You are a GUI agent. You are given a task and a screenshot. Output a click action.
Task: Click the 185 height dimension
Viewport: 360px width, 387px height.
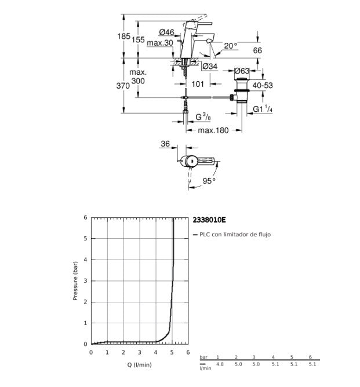click(x=123, y=36)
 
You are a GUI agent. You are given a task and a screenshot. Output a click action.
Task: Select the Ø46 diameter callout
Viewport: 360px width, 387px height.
click(x=167, y=32)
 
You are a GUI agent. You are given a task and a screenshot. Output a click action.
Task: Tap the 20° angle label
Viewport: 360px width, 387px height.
click(x=231, y=46)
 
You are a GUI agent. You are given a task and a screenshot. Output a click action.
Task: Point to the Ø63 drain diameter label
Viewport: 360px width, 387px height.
click(x=242, y=71)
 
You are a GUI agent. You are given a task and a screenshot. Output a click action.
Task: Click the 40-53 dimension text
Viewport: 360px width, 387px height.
click(x=263, y=85)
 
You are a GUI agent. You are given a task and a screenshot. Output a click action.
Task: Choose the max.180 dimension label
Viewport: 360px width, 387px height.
click(x=213, y=130)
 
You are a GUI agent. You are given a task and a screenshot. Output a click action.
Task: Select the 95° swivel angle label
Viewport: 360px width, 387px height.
click(x=209, y=181)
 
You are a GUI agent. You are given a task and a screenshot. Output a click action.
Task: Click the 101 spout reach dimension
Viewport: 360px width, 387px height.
click(x=198, y=84)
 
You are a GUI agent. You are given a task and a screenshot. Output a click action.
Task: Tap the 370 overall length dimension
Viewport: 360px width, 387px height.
click(x=123, y=86)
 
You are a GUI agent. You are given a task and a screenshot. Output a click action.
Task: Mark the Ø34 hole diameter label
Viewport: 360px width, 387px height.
click(x=210, y=66)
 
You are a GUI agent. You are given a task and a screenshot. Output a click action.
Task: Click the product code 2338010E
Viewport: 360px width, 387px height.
click(x=209, y=220)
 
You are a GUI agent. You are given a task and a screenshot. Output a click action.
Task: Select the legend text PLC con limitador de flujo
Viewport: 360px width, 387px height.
click(x=235, y=234)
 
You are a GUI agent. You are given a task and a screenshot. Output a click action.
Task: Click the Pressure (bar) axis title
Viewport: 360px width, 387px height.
click(x=75, y=281)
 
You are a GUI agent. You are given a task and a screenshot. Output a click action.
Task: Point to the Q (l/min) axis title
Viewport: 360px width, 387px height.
click(x=139, y=364)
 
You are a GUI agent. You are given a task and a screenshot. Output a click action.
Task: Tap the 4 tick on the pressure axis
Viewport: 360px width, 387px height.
click(x=85, y=260)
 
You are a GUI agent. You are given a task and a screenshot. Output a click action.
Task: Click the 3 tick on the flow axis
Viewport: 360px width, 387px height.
click(x=140, y=352)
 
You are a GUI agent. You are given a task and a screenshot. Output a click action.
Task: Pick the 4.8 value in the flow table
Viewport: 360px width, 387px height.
click(x=220, y=364)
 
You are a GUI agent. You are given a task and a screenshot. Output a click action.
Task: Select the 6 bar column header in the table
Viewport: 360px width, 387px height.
click(x=310, y=357)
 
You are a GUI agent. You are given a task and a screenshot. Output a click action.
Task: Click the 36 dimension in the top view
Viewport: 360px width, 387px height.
click(x=165, y=144)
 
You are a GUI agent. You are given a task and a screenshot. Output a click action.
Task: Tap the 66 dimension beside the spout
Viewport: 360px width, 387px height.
click(x=257, y=50)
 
